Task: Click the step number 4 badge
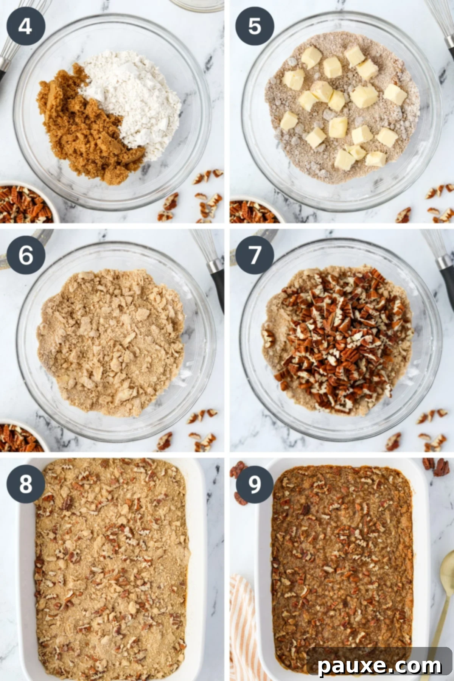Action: click(x=25, y=26)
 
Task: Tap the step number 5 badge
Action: click(x=254, y=26)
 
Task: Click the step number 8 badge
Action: click(x=25, y=484)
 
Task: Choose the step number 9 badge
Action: click(x=254, y=484)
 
